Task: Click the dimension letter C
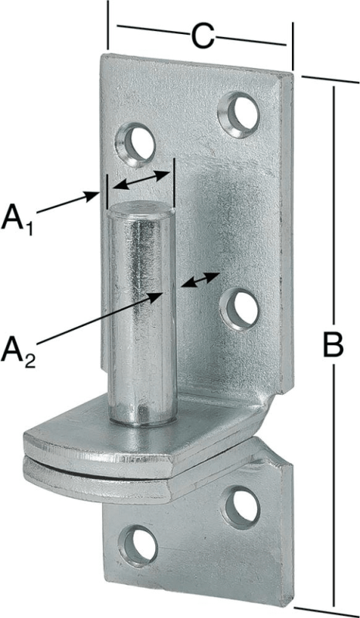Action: (202, 37)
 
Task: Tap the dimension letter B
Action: (333, 345)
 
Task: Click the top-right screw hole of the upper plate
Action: (239, 114)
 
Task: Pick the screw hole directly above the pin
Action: (136, 144)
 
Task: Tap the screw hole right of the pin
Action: (239, 308)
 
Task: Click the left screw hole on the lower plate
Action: (138, 547)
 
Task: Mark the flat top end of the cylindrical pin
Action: (141, 208)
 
